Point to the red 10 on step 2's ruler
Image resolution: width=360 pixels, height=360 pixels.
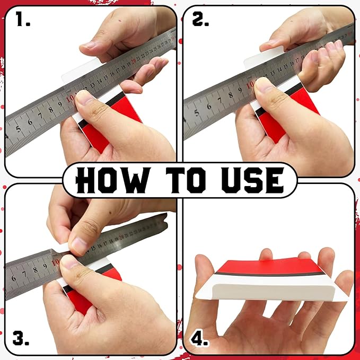click(x=250, y=84)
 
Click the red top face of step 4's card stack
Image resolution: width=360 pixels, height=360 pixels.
click(x=265, y=265)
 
